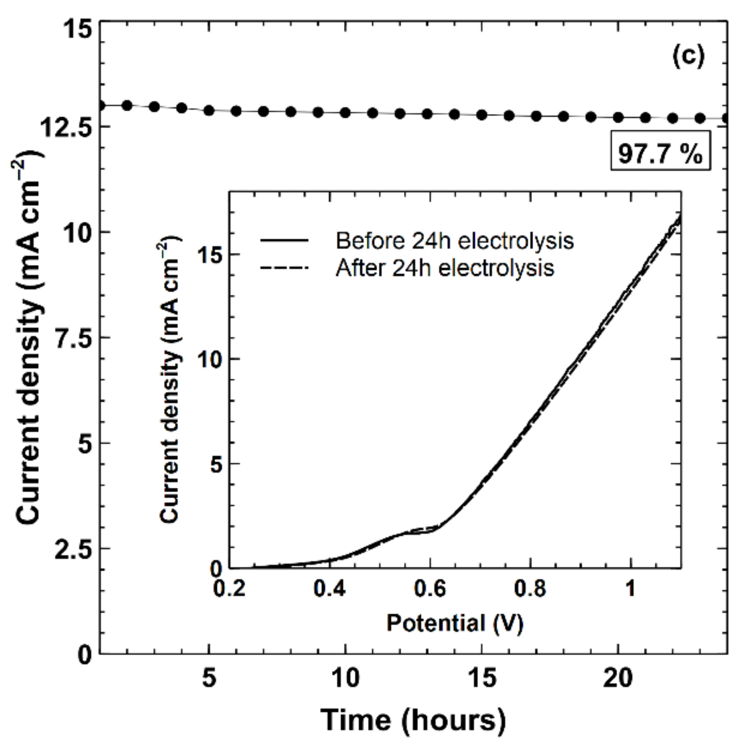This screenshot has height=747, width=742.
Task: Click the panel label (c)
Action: click(688, 57)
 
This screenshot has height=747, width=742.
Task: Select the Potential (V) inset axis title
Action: click(455, 623)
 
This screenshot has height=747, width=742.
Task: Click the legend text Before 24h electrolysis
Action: click(455, 241)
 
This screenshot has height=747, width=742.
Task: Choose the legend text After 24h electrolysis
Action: click(445, 268)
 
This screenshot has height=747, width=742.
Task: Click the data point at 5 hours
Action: click(209, 110)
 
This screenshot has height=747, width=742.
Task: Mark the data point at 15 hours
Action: click(482, 115)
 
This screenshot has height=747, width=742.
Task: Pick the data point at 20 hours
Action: click(618, 117)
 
